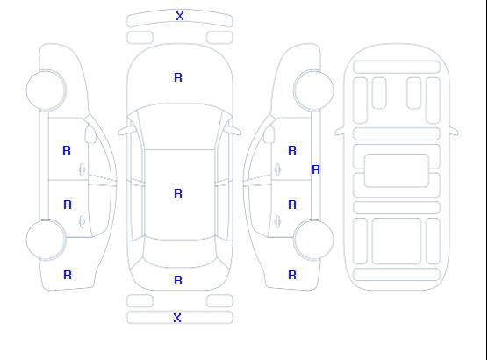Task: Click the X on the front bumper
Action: [180, 16]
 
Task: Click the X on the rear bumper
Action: [177, 318]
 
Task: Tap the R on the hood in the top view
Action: [178, 77]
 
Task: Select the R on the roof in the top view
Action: [178, 193]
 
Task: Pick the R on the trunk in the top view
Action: [178, 280]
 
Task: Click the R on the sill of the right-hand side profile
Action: [316, 169]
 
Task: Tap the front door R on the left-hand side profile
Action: [67, 150]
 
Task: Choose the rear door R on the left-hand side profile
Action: [68, 205]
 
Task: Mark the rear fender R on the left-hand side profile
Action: [68, 275]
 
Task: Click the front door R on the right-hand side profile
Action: [292, 150]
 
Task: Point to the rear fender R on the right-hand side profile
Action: [292, 275]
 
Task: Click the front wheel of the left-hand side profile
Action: [46, 90]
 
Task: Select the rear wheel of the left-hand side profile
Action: [46, 240]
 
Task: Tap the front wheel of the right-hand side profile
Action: [313, 90]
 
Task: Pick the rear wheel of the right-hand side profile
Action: [313, 240]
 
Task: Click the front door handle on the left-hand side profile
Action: [83, 169]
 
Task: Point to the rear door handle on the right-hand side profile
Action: [277, 221]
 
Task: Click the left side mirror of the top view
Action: [126, 131]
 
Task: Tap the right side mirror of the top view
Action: [233, 131]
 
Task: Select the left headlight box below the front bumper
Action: [140, 38]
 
